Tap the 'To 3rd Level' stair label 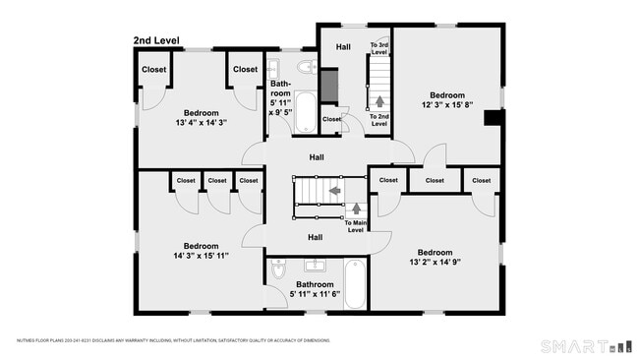379,49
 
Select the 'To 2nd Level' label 378,120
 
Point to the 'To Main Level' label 355,226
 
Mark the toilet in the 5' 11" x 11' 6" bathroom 278,270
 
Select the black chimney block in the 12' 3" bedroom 494,118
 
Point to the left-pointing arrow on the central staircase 334,190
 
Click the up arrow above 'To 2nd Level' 379,100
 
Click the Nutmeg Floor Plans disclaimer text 172,340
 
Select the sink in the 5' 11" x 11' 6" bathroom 316,265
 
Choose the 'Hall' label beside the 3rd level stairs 343,46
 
